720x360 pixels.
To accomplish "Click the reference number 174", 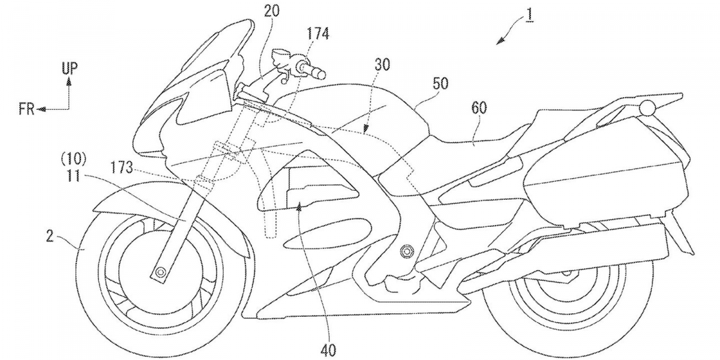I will click(317, 34).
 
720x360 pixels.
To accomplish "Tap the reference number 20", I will click(271, 10).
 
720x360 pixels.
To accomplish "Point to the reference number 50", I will click(440, 85).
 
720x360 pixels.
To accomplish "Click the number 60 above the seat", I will click(479, 107).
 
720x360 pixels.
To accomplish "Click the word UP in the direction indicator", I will click(69, 68).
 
